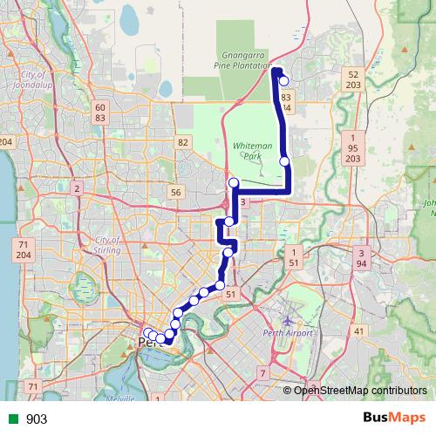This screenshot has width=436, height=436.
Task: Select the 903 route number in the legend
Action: (x=37, y=419)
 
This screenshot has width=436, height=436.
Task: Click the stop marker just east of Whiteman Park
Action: (x=284, y=160)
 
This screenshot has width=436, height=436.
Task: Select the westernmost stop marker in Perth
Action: (x=148, y=332)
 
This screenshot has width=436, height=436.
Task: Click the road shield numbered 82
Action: (x=182, y=141)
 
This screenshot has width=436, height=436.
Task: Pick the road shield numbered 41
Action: (x=358, y=331)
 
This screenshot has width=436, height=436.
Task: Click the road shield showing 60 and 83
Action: (x=100, y=112)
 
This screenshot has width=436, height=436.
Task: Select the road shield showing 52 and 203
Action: (x=353, y=80)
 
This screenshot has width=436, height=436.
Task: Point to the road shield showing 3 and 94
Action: (x=360, y=257)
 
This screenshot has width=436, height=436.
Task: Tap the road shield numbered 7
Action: (x=262, y=373)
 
